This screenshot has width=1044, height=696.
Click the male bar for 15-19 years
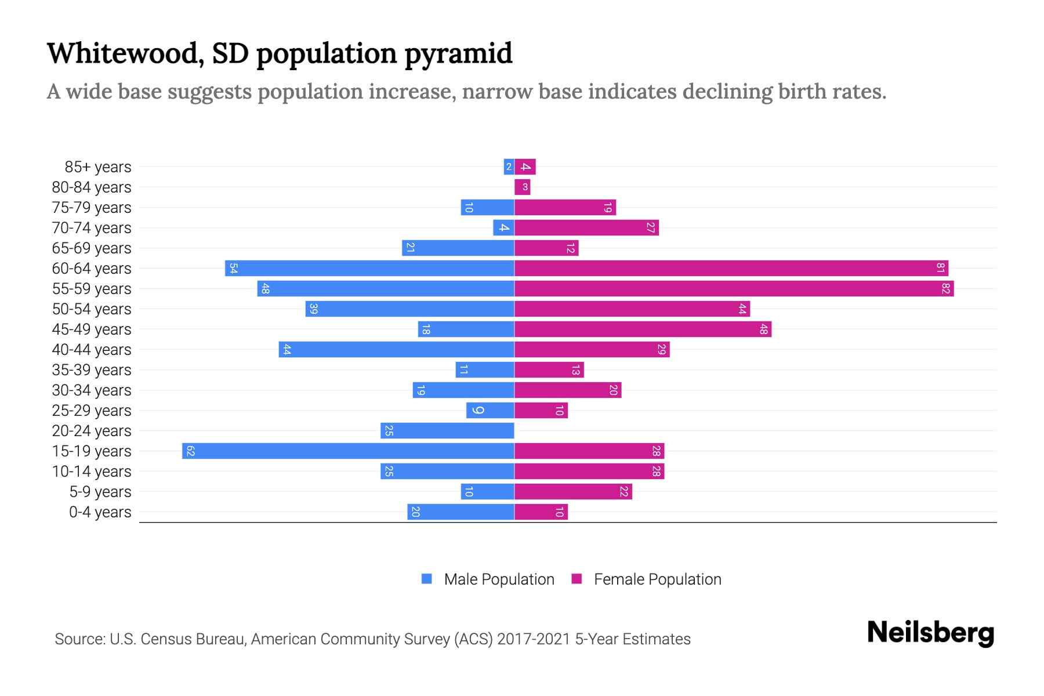[x=348, y=451]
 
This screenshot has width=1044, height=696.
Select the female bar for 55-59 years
[x=734, y=289]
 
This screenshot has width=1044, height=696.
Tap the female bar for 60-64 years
[x=731, y=269]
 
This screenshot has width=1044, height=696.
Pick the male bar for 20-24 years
[x=447, y=431]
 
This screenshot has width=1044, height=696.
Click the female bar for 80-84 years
[x=523, y=187]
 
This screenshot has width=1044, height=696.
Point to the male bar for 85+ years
[x=509, y=167]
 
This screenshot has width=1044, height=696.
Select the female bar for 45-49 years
[x=643, y=329]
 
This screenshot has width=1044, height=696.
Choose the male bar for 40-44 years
[x=396, y=350]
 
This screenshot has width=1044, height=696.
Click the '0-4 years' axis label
[x=100, y=512]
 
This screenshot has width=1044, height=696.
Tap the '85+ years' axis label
[x=97, y=167]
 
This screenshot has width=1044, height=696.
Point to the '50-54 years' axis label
[x=92, y=309]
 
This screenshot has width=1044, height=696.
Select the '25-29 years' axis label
[x=92, y=411]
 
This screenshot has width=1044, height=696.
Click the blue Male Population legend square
[x=427, y=579]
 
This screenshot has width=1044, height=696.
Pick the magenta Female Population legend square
[x=577, y=579]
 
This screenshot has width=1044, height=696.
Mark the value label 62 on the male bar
[x=191, y=451]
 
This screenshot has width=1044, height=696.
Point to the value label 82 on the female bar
[x=946, y=289]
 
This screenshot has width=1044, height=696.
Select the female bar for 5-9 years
[x=573, y=492]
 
